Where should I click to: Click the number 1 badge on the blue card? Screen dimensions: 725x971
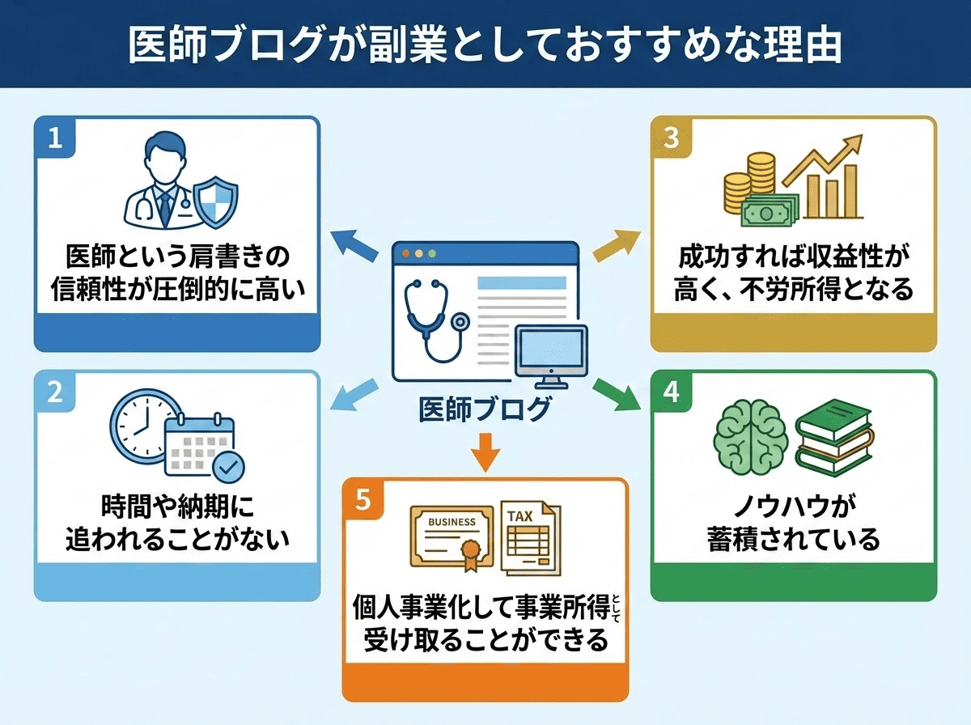[x=55, y=138]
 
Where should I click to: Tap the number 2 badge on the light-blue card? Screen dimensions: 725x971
[x=55, y=392]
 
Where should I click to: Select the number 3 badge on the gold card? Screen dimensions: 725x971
[x=671, y=138]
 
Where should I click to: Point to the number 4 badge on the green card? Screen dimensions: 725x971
[x=671, y=392]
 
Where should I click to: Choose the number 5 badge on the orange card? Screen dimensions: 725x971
[x=363, y=500]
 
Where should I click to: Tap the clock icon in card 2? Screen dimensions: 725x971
[x=142, y=426]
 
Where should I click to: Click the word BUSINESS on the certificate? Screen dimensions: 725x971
[x=452, y=521]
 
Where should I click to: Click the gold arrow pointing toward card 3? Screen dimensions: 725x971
[x=616, y=244]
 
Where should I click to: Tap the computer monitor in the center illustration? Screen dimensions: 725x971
[x=550, y=356]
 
